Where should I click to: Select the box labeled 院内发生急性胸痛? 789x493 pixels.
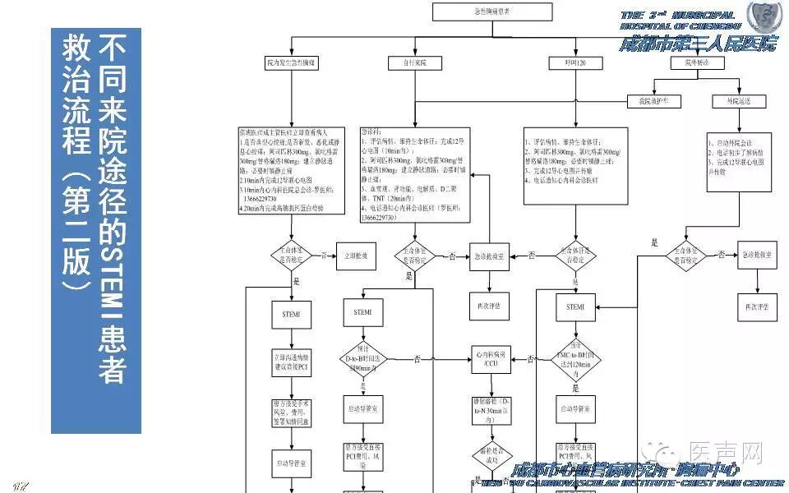pyautogui.click(x=292, y=63)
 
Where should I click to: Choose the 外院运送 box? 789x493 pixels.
pyautogui.click(x=732, y=101)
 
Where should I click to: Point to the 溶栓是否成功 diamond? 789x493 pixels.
pyautogui.click(x=491, y=457)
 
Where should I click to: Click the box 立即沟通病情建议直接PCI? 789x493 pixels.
pyautogui.click(x=292, y=362)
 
